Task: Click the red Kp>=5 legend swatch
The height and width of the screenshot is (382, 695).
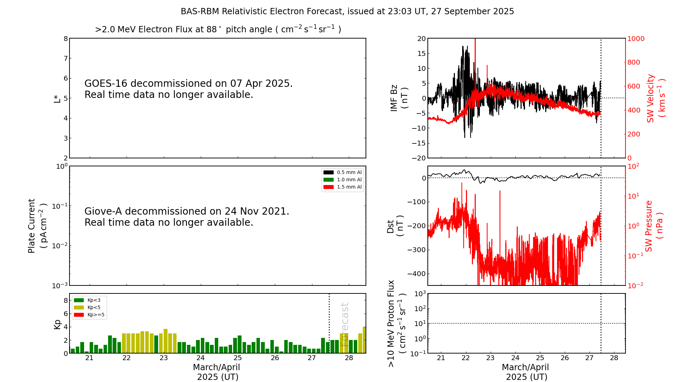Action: (x=79, y=315)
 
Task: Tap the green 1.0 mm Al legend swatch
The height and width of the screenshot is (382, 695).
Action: (x=328, y=180)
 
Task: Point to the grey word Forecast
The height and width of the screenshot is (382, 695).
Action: (x=344, y=324)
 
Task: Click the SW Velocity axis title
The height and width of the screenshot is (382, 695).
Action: (x=655, y=98)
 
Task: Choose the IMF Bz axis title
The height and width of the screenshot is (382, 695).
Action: (x=399, y=98)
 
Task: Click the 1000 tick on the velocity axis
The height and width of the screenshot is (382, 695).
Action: (x=636, y=39)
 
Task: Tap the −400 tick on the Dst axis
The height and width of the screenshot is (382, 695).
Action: (x=416, y=274)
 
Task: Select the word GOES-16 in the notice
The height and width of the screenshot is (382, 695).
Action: (x=106, y=84)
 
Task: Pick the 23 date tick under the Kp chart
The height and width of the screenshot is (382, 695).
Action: (x=163, y=358)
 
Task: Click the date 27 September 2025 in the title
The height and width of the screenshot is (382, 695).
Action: (x=472, y=11)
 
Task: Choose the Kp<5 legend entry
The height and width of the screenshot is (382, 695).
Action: (x=93, y=308)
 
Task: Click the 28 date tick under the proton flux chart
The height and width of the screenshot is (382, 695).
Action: (x=614, y=358)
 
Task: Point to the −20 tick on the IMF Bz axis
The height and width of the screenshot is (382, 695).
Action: (x=419, y=158)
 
